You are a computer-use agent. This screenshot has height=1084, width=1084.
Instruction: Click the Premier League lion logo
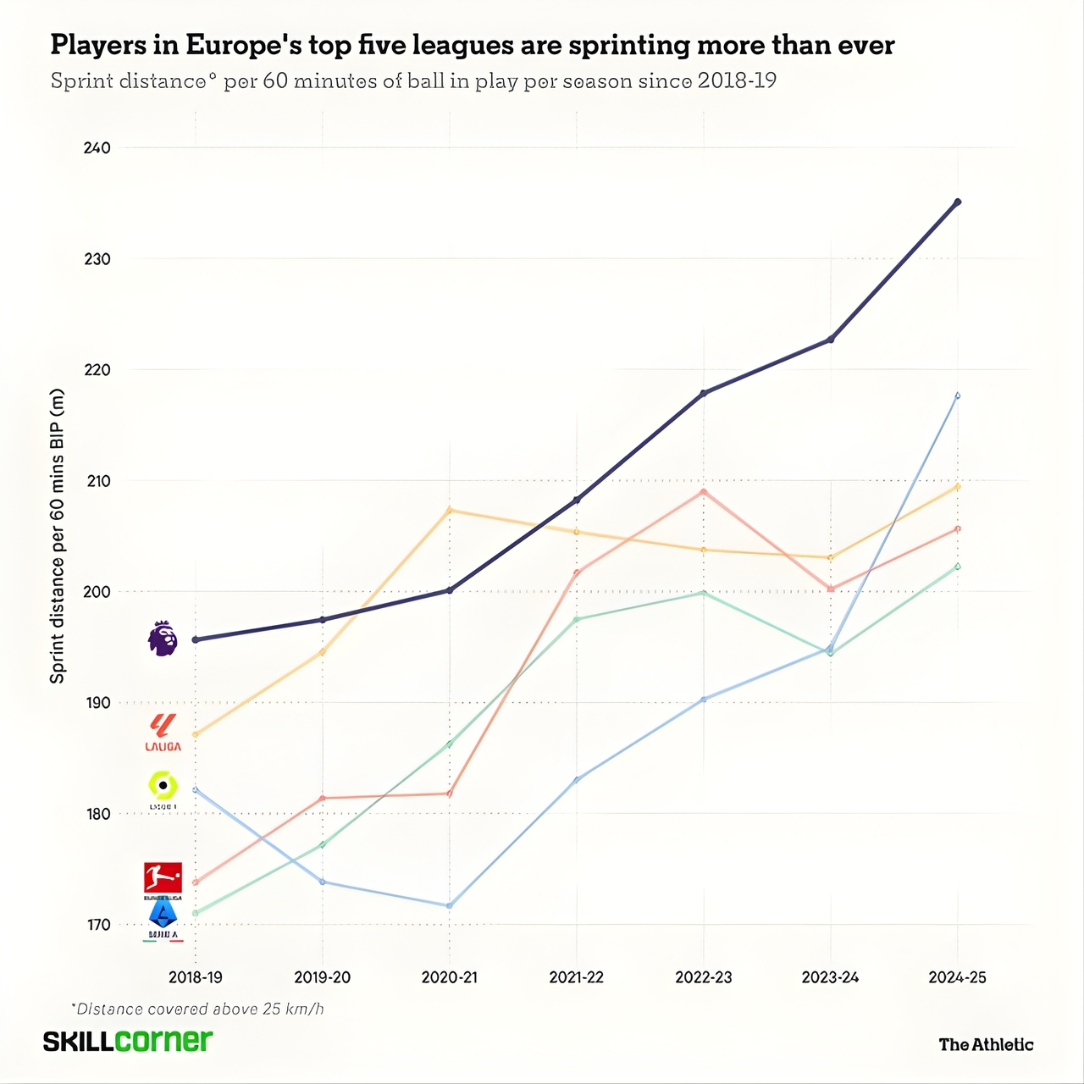pos(163,639)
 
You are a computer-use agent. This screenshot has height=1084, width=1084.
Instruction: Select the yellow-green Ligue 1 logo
pos(163,788)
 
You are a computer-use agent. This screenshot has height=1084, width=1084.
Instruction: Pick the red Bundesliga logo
pos(163,879)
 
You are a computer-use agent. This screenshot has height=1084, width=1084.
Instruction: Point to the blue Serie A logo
pos(163,918)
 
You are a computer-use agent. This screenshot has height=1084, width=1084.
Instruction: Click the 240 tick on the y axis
pos(97,148)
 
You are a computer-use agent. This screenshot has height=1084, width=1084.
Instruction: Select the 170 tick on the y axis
pos(97,925)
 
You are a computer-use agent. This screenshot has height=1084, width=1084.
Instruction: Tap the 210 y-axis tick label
pos(97,481)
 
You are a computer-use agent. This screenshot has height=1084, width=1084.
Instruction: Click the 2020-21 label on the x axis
pos(449,977)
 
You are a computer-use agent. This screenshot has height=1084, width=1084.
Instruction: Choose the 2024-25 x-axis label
pos(957,977)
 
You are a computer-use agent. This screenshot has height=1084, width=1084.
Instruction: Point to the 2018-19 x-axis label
pos(196,977)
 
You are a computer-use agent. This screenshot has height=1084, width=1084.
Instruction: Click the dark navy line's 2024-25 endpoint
pos(958,202)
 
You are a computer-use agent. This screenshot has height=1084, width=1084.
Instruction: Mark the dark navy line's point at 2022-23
pos(704,393)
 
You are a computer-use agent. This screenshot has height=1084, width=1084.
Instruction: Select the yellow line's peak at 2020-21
pos(450,510)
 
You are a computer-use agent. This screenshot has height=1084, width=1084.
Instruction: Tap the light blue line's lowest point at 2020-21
pos(450,905)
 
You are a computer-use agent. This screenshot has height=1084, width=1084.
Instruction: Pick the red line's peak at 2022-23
pos(704,492)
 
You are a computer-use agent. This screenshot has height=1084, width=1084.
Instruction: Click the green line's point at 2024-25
pos(958,567)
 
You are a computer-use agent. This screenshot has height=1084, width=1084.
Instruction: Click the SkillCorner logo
pos(128,1041)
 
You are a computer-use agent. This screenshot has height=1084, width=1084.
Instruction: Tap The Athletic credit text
pos(986,1044)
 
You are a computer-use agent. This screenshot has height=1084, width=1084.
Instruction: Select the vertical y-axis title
pos(58,536)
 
